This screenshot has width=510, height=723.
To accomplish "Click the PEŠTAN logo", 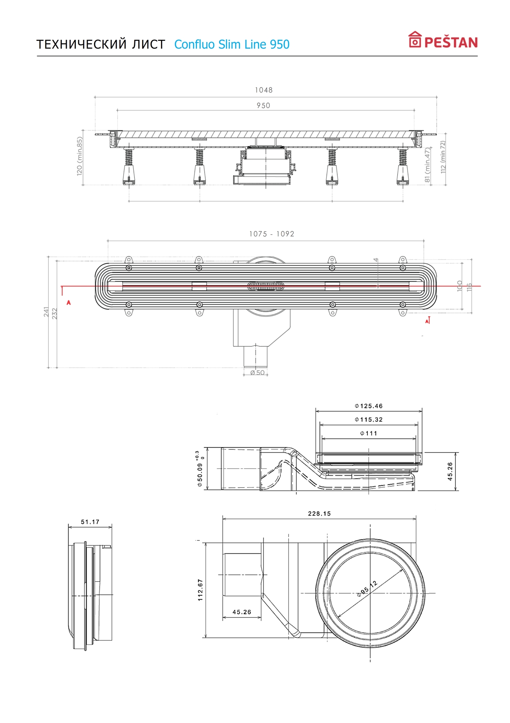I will pos(443,40).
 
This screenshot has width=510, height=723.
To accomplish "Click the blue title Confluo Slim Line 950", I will pos(232,44).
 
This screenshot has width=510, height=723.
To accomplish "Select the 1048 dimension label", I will pos(264,90).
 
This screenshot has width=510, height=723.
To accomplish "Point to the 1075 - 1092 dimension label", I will pos(272,234).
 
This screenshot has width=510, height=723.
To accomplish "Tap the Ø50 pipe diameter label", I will pos(257,372).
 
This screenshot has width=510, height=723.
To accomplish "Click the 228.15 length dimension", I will pos(319,513).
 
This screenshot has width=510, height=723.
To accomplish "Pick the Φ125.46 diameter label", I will pos(369,406).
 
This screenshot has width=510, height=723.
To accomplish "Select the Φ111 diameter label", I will pos(369,433).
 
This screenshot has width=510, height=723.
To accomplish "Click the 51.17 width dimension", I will pos(90,522).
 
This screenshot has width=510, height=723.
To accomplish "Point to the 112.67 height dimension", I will pos(200,590).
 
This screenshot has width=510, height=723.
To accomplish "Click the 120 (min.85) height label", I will pos(80,156).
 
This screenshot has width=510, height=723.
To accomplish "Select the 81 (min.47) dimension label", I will pos(428,164).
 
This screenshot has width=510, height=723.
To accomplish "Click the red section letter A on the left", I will pos(69,303).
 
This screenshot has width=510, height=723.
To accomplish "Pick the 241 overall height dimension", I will pos(47,312).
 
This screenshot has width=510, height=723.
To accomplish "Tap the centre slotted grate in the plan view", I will pos(266,286).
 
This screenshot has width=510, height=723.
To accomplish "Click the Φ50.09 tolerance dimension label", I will pos(200,469).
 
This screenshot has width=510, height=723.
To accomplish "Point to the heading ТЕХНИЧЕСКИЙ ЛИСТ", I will pos(101,44).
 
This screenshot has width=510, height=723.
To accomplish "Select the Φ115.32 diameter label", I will pos(369,419).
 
